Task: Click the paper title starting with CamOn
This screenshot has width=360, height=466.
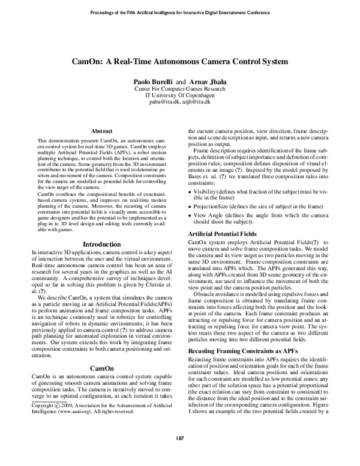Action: point(180,61)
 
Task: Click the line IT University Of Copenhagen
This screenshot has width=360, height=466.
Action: point(180,95)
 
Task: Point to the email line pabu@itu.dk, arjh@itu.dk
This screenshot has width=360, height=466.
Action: point(180,103)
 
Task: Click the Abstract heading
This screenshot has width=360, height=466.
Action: point(101,130)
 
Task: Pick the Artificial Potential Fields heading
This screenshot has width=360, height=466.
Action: point(223,233)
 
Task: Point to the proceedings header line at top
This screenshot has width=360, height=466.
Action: point(180,12)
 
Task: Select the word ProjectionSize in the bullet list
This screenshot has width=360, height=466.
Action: point(212,205)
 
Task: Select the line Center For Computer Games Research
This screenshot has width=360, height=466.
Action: point(180,88)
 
